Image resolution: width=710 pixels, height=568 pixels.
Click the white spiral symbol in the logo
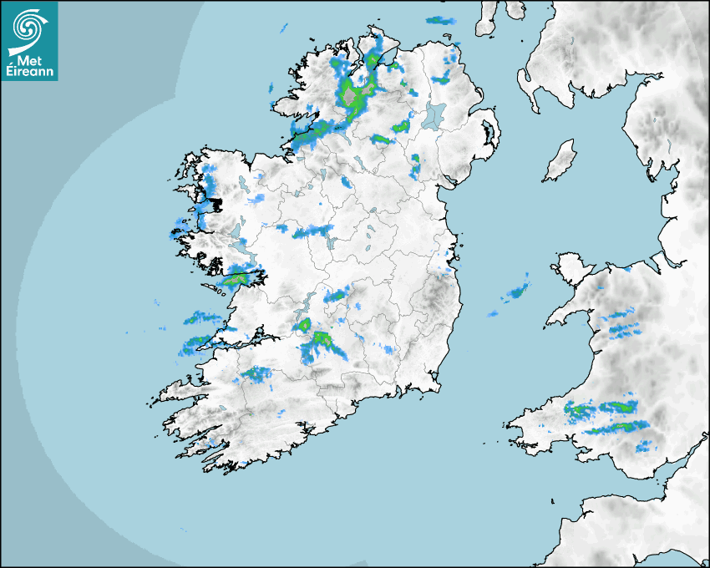(x=28, y=28)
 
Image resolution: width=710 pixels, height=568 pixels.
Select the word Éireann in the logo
(x=29, y=72)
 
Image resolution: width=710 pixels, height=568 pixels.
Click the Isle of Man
(x=560, y=161)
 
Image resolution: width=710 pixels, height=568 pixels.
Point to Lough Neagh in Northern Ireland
(x=434, y=114)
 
